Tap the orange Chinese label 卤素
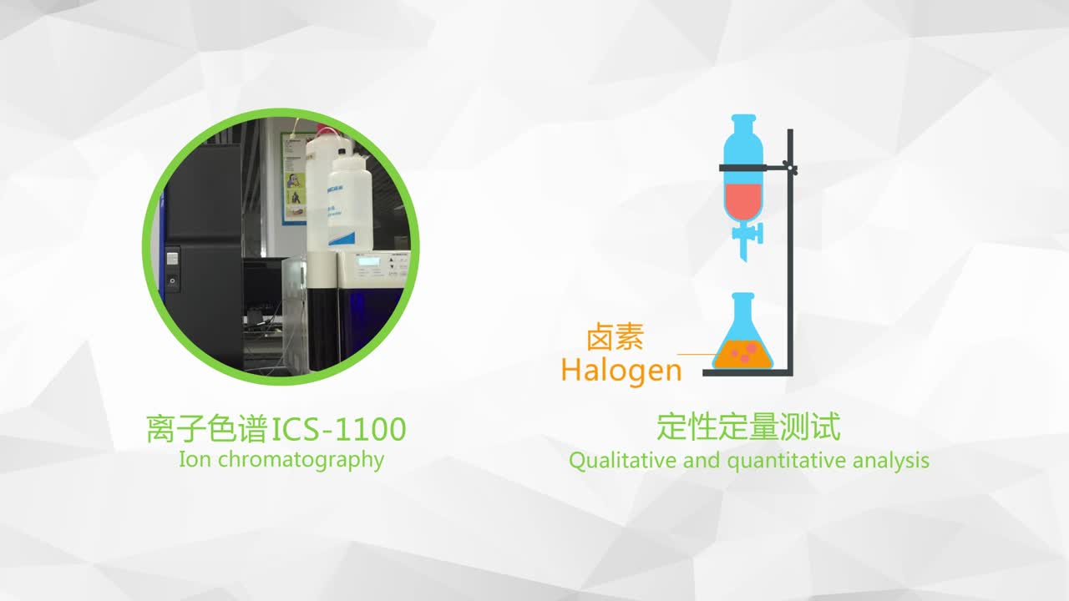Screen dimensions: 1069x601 pyautogui.click(x=616, y=336)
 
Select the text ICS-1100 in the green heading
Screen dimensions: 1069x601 pyautogui.click(x=339, y=429)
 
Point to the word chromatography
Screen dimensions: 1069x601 pyautogui.click(x=301, y=461)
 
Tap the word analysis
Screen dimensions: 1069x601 pyautogui.click(x=891, y=462)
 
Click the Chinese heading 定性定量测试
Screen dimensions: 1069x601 pyautogui.click(x=748, y=427)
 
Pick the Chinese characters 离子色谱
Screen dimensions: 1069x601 pyautogui.click(x=207, y=429)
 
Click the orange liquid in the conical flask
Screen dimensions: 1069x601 pyautogui.click(x=742, y=355)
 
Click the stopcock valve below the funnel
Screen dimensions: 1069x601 pyautogui.click(x=749, y=235)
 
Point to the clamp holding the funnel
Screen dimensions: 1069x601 pyautogui.click(x=757, y=168)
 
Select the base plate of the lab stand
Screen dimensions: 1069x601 pyautogui.click(x=747, y=373)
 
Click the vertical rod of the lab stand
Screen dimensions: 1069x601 pyautogui.click(x=790, y=250)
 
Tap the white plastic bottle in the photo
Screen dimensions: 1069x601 pyautogui.click(x=349, y=200)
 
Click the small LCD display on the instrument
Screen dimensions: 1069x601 pyautogui.click(x=369, y=261)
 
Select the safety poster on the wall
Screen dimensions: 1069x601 pyautogui.click(x=294, y=179)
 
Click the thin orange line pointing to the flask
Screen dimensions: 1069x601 pyautogui.click(x=697, y=355)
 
